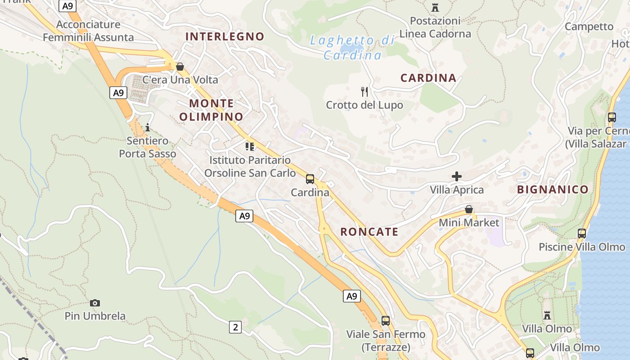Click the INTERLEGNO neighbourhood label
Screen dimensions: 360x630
tap(225, 36)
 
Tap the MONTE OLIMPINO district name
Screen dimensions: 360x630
tap(211, 110)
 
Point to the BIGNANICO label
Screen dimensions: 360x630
tap(553, 189)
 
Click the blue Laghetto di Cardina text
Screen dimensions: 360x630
tap(353, 48)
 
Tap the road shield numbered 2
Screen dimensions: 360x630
tap(235, 327)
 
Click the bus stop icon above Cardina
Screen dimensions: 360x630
tap(310, 179)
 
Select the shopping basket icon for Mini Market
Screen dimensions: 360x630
tap(469, 209)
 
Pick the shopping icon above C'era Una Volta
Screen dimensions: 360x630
tap(180, 67)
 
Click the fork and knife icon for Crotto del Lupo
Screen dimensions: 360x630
tap(364, 92)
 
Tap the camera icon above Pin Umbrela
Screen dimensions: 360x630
tap(95, 303)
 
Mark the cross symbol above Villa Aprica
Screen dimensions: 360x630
tap(457, 176)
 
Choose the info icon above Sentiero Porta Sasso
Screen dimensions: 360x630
tap(148, 127)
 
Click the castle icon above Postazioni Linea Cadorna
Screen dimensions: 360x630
tap(435, 8)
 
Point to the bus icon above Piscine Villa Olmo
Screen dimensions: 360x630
tap(582, 234)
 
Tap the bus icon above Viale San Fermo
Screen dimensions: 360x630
tap(386, 321)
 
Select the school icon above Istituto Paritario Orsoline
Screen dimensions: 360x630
tap(250, 146)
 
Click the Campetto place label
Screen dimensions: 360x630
tap(589, 27)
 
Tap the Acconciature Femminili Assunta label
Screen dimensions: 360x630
tap(89, 31)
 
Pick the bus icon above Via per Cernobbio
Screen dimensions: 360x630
tap(612, 117)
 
